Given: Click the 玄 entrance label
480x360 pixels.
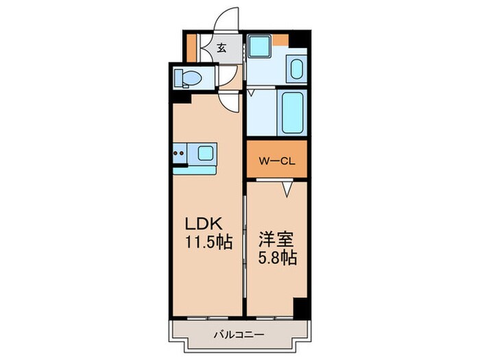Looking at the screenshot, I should (x=223, y=48).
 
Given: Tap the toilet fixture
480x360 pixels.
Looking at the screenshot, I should (x=187, y=79).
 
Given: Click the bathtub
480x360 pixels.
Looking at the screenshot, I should (x=292, y=113).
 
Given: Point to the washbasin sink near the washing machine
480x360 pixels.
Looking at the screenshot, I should (x=296, y=69).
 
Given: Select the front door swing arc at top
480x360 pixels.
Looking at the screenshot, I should (x=226, y=19).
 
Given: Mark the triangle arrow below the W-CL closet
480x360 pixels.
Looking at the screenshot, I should (x=289, y=186).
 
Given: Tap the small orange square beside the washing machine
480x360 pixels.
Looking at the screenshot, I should (x=281, y=39).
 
